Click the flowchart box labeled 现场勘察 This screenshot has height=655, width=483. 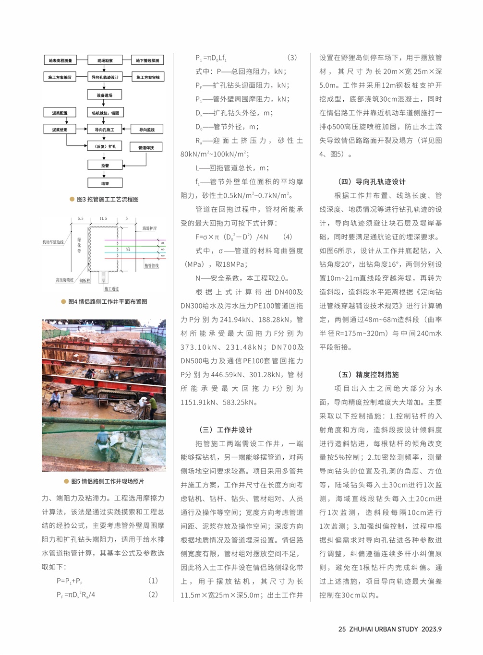coord(105,60)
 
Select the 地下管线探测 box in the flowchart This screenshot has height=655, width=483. coord(147,60)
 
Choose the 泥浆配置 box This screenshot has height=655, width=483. coord(60,113)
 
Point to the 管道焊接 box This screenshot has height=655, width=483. coord(146,147)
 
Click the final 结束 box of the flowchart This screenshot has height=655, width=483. coord(105,183)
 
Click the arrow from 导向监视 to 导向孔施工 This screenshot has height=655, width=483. coord(126,129)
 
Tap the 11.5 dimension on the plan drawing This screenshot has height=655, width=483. coord(103,219)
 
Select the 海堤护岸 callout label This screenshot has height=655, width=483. coord(149,228)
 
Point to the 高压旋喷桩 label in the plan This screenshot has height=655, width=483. coord(65,280)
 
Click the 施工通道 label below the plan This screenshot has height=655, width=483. coord(111,288)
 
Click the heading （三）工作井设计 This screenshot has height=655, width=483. coord(225,429)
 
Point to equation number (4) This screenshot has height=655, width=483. coord(288,237)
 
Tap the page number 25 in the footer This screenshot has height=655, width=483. coord(342,629)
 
